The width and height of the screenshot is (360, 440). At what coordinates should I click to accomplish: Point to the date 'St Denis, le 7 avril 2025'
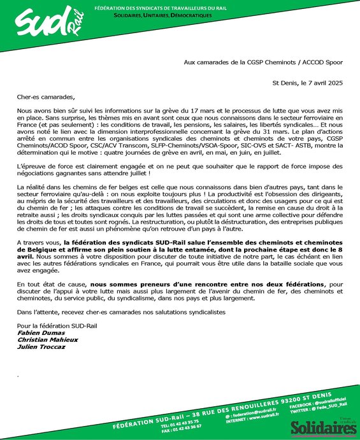tap(308, 83)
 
